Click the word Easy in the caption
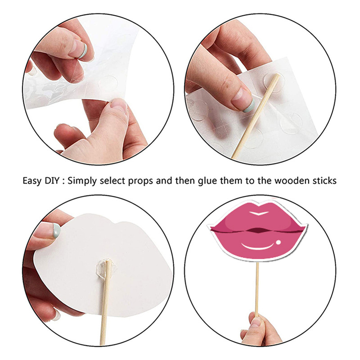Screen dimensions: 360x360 pos(32,181)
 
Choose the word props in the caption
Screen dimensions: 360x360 pos(140,182)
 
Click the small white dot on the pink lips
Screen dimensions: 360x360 pos(278,242)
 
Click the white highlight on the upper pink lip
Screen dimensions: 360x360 pos(259,213)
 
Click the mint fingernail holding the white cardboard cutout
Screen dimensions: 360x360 pos(57,231)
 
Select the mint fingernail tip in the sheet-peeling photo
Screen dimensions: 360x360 pos(84,50)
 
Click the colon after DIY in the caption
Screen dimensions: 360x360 pos(63,182)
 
